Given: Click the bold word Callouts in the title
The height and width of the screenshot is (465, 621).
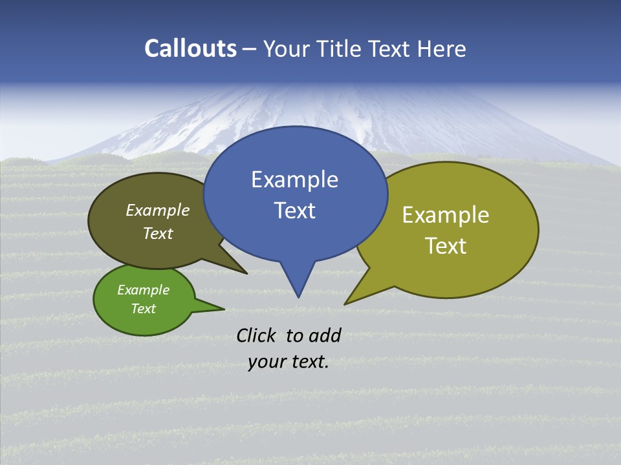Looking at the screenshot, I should (190, 48).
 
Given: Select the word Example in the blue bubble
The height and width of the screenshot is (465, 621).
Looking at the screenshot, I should (294, 180).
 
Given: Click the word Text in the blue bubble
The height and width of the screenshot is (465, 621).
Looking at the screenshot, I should (294, 211).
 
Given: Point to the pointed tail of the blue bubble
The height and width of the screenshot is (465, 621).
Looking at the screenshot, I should (298, 295).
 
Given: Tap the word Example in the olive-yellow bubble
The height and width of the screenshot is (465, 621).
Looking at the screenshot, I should (446, 215).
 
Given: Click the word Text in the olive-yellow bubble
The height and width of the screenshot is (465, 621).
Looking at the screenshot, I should (446, 246).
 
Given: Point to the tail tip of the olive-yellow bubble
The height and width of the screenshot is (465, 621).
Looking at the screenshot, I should (345, 303).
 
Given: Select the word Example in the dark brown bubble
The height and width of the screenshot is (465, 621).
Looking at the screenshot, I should (158, 211).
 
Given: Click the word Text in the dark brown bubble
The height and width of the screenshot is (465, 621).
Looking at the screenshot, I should (158, 234).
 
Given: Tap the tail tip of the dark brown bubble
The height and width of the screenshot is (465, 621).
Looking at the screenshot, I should (246, 273).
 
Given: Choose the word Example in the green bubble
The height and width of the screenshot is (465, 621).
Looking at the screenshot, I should (143, 290).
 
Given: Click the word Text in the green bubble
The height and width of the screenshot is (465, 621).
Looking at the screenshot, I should (143, 309).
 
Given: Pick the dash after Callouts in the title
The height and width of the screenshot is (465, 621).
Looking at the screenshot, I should (250, 49).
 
